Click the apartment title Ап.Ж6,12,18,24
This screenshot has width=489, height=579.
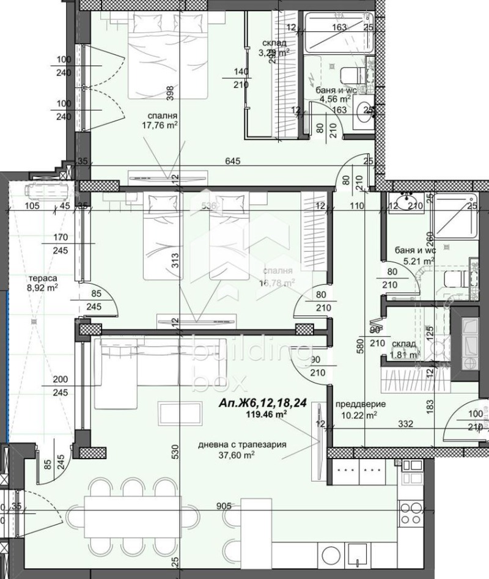(263, 404)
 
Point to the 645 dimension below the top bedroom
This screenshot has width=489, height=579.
(231, 161)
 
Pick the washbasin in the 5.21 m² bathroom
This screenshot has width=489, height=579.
(406, 202)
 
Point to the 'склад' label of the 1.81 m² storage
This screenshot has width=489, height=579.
(404, 344)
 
